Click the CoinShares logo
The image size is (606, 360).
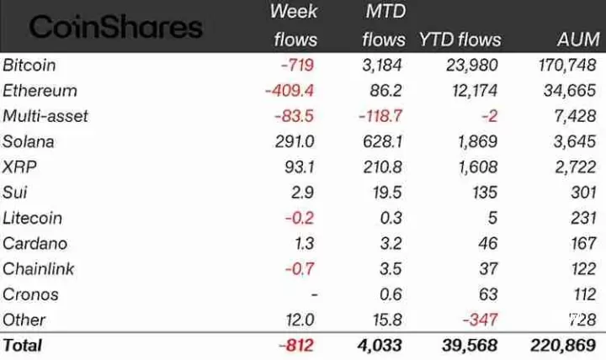(116, 26)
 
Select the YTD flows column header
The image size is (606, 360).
(460, 40)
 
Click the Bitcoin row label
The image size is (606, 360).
(29, 65)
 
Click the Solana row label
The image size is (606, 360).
(29, 141)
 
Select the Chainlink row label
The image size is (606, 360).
(38, 269)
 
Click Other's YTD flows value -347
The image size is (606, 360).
(479, 320)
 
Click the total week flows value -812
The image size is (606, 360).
(299, 345)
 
